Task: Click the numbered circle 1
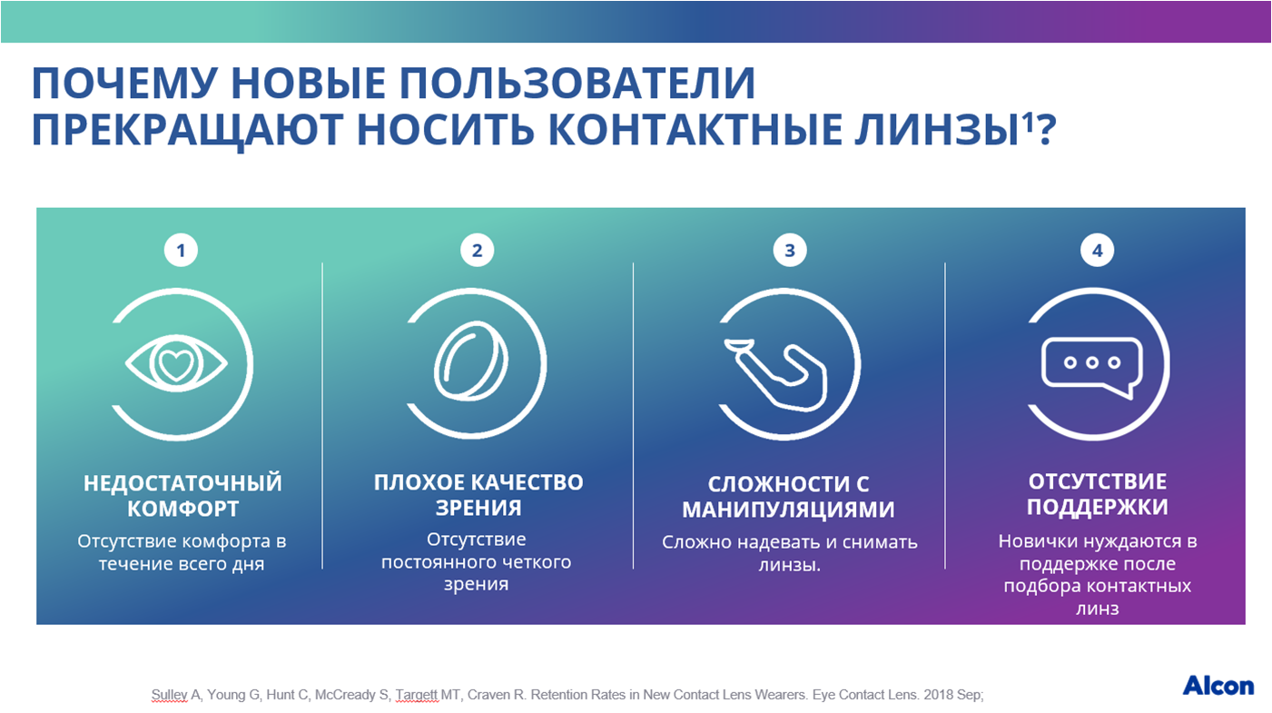coord(182,250)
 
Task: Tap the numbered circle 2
coord(477,250)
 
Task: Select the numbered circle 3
coord(790,250)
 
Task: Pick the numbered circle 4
coord(1097,250)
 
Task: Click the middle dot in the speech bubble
coord(1092,362)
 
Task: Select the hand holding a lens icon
coord(775,374)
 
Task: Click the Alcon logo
coord(1218,687)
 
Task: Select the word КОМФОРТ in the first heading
coord(182,509)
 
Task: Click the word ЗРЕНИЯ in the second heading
coord(478,508)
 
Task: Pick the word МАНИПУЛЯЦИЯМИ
coord(788,510)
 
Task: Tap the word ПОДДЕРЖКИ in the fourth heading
coord(1097,507)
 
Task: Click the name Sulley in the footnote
coord(169,695)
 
